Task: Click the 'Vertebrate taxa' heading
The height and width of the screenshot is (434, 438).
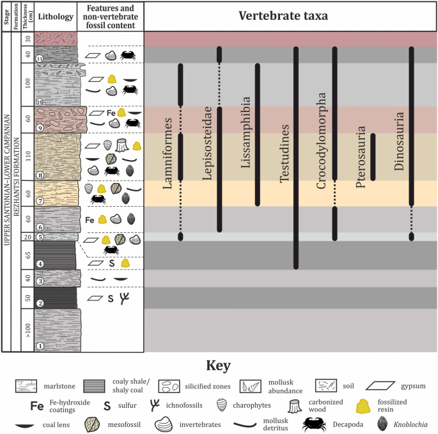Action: click(290, 16)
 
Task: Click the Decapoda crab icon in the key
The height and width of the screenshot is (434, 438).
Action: click(315, 424)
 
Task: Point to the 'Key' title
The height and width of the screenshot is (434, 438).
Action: click(218, 366)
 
